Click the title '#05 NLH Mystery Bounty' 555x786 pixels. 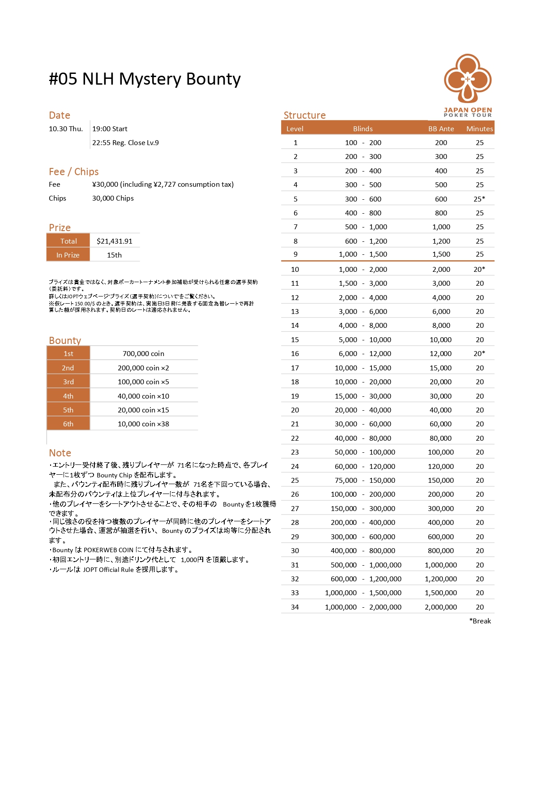(x=145, y=79)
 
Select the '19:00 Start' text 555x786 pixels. (x=110, y=129)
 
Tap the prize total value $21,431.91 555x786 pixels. (x=115, y=241)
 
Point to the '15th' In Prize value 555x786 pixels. (x=114, y=255)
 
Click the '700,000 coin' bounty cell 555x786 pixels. (x=143, y=353)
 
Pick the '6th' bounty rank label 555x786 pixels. (x=68, y=424)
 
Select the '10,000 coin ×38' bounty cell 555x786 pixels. (x=143, y=424)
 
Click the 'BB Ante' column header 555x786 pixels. (x=441, y=129)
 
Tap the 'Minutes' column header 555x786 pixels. (x=479, y=129)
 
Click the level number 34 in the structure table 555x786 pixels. (x=295, y=607)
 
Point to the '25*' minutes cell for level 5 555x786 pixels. (x=479, y=199)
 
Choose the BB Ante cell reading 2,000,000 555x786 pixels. (x=441, y=607)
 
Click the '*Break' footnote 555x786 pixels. (x=480, y=621)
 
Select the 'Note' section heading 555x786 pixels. (x=60, y=453)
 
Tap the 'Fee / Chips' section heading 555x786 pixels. (x=74, y=172)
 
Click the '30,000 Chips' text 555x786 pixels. (x=113, y=198)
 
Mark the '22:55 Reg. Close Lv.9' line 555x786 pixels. (x=125, y=143)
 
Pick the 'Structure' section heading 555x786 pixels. (x=304, y=115)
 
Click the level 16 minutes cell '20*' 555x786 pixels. (x=479, y=353)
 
